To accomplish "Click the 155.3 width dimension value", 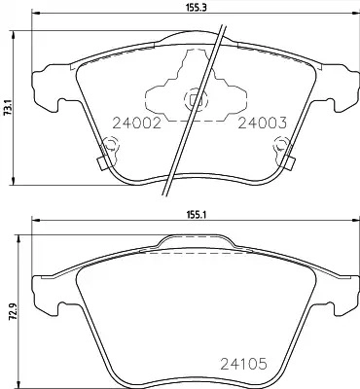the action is point(197,8).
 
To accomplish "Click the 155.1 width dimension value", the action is point(197,215).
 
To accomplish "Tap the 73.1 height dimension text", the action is point(9,108).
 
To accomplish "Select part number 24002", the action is point(136,124).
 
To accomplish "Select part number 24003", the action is point(263,124).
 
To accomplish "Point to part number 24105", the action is point(243,364).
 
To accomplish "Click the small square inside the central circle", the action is point(194,100).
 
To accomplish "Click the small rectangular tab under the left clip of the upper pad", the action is point(103,164).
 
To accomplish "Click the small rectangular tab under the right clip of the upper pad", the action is point(290,163).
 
